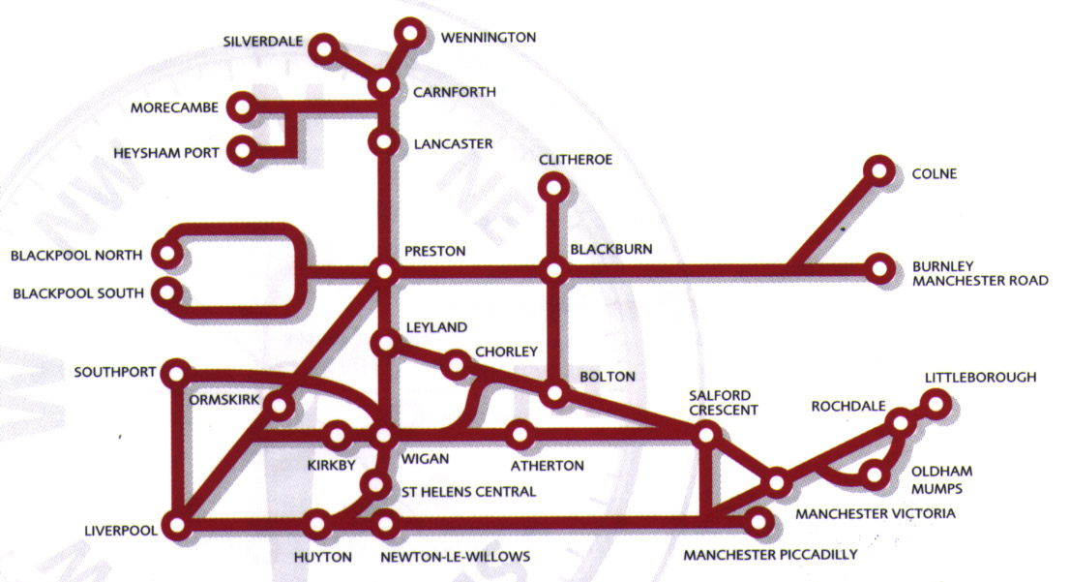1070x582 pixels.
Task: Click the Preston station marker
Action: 384,272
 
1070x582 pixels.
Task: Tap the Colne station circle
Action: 879,171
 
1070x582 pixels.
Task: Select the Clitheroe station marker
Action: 553,184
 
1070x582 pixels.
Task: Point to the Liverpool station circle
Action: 176,526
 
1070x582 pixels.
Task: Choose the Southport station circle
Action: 176,372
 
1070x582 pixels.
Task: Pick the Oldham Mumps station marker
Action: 874,475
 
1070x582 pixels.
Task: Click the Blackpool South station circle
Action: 169,292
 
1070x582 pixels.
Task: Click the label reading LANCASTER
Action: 452,144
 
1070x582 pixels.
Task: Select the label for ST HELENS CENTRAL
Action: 468,492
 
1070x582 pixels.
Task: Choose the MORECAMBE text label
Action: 175,107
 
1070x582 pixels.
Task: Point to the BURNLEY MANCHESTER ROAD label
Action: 980,273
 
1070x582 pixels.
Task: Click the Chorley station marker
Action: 456,365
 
